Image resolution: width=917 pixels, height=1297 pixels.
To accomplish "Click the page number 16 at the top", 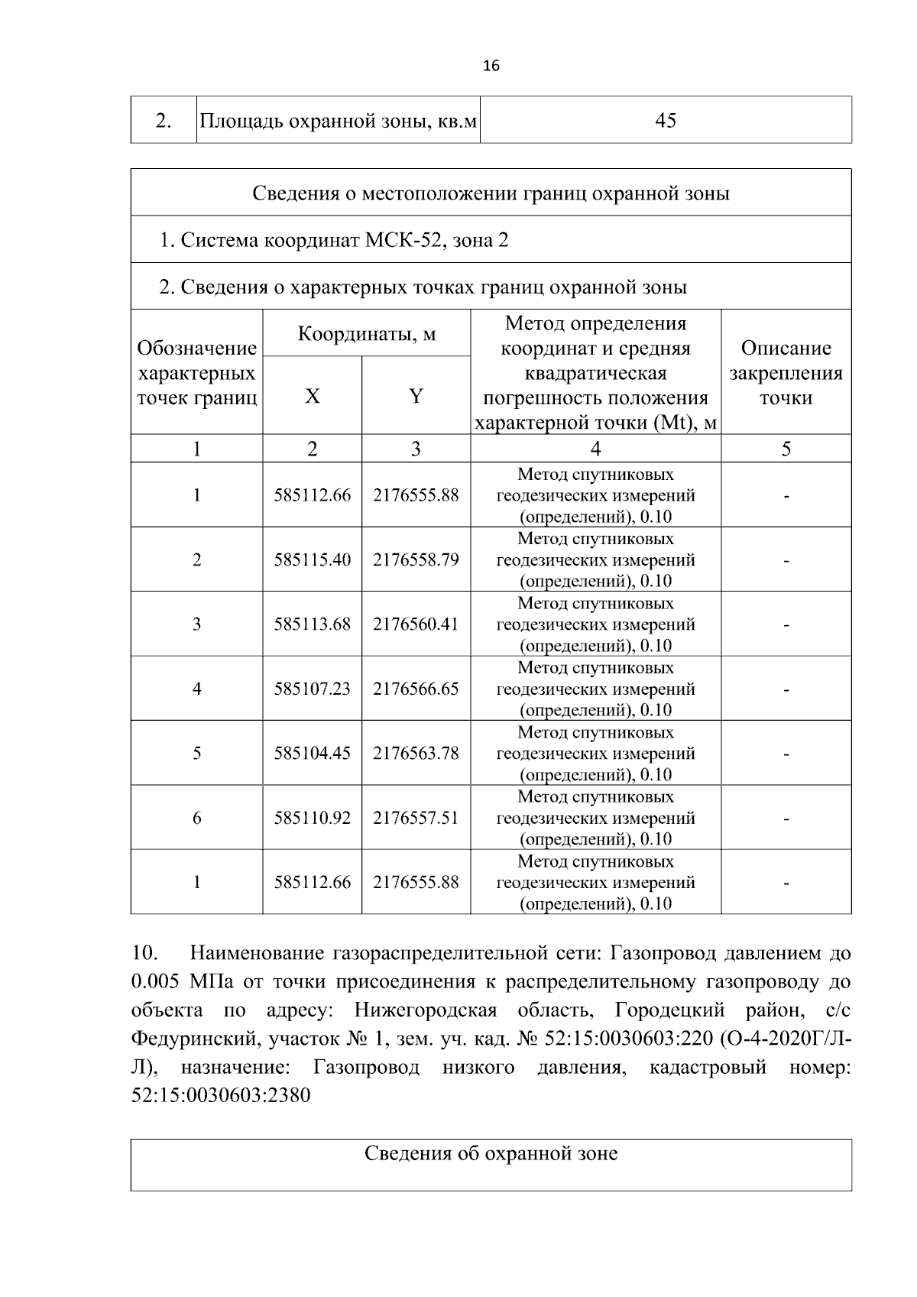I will [x=491, y=66].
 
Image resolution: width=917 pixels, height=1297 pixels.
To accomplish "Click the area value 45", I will [x=666, y=121].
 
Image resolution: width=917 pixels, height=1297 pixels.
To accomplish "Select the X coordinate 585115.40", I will [x=313, y=560].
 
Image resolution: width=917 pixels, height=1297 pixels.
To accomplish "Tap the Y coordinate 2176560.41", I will [x=416, y=624].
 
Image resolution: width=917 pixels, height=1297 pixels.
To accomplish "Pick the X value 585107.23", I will [x=313, y=689].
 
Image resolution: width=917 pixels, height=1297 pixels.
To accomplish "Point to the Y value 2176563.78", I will [x=416, y=754].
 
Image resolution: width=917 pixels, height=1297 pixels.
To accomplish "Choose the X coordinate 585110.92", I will [x=313, y=819].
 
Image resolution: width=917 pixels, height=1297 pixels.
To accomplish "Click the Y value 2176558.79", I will [x=416, y=560].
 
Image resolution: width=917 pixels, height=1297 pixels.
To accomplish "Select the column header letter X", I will [x=313, y=397].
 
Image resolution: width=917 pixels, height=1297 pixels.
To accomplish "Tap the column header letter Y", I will [x=416, y=397].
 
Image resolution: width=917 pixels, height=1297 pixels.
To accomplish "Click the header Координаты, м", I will [x=367, y=334].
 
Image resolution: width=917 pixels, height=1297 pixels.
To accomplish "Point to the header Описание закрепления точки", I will [x=786, y=373].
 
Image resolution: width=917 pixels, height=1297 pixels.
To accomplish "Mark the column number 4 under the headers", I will [x=595, y=449].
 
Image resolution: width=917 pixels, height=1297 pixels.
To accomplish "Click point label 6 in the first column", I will [x=197, y=819].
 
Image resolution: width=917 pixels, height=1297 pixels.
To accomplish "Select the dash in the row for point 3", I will [x=786, y=625].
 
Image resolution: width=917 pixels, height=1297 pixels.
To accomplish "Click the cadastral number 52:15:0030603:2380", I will [x=221, y=1096].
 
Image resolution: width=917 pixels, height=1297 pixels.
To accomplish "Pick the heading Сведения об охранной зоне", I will [x=491, y=1153].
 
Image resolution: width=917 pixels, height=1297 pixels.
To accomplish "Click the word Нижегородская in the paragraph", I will [x=426, y=1011].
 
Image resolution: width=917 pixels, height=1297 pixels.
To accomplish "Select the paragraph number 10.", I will [x=144, y=954].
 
